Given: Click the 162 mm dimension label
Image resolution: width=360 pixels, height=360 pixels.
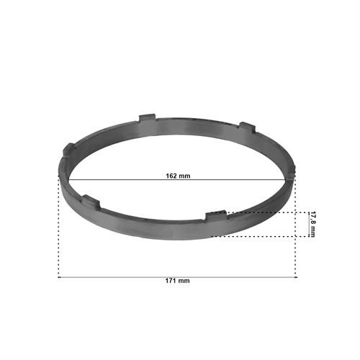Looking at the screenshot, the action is (178, 176).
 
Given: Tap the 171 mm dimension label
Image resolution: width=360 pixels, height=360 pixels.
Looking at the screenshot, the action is (177, 281).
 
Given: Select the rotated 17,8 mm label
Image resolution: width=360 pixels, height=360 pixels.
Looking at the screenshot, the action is (312, 225).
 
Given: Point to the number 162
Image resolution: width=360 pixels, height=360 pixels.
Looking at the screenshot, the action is (171, 176).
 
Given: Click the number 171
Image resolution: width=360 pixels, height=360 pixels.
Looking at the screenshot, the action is (171, 281).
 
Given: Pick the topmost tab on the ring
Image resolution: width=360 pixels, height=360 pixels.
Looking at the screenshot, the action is (147, 117).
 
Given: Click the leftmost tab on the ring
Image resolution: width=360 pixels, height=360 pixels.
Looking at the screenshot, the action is (68, 149).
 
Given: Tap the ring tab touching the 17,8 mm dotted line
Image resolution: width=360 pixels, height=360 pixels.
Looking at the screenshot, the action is (216, 215).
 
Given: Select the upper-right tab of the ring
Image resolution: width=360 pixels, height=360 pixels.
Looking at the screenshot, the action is (247, 127).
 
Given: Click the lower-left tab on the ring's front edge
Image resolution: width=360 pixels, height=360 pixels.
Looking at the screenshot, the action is (91, 201).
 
